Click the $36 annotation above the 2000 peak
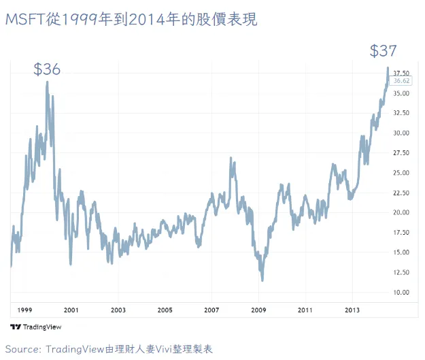pyautogui.click(x=47, y=69)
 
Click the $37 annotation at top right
pyautogui.click(x=383, y=50)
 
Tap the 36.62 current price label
pyautogui.click(x=402, y=80)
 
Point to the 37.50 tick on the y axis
pyautogui.click(x=401, y=73)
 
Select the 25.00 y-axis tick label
pyautogui.click(x=401, y=173)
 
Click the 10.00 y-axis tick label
pyautogui.click(x=401, y=293)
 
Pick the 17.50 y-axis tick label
pyautogui.click(x=401, y=233)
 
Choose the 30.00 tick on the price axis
pyautogui.click(x=401, y=133)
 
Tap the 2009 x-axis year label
pyautogui.click(x=258, y=309)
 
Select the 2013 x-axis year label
pyautogui.click(x=352, y=309)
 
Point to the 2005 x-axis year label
pyautogui.click(x=165, y=309)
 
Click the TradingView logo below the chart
pyautogui.click(x=35, y=327)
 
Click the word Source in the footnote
pyautogui.click(x=22, y=349)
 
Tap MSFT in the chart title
pyautogui.click(x=22, y=20)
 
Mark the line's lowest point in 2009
pyautogui.click(x=262, y=280)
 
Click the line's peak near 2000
pyautogui.click(x=47, y=82)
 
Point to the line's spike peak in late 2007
pyautogui.click(x=233, y=161)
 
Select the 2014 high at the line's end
pyautogui.click(x=388, y=68)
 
